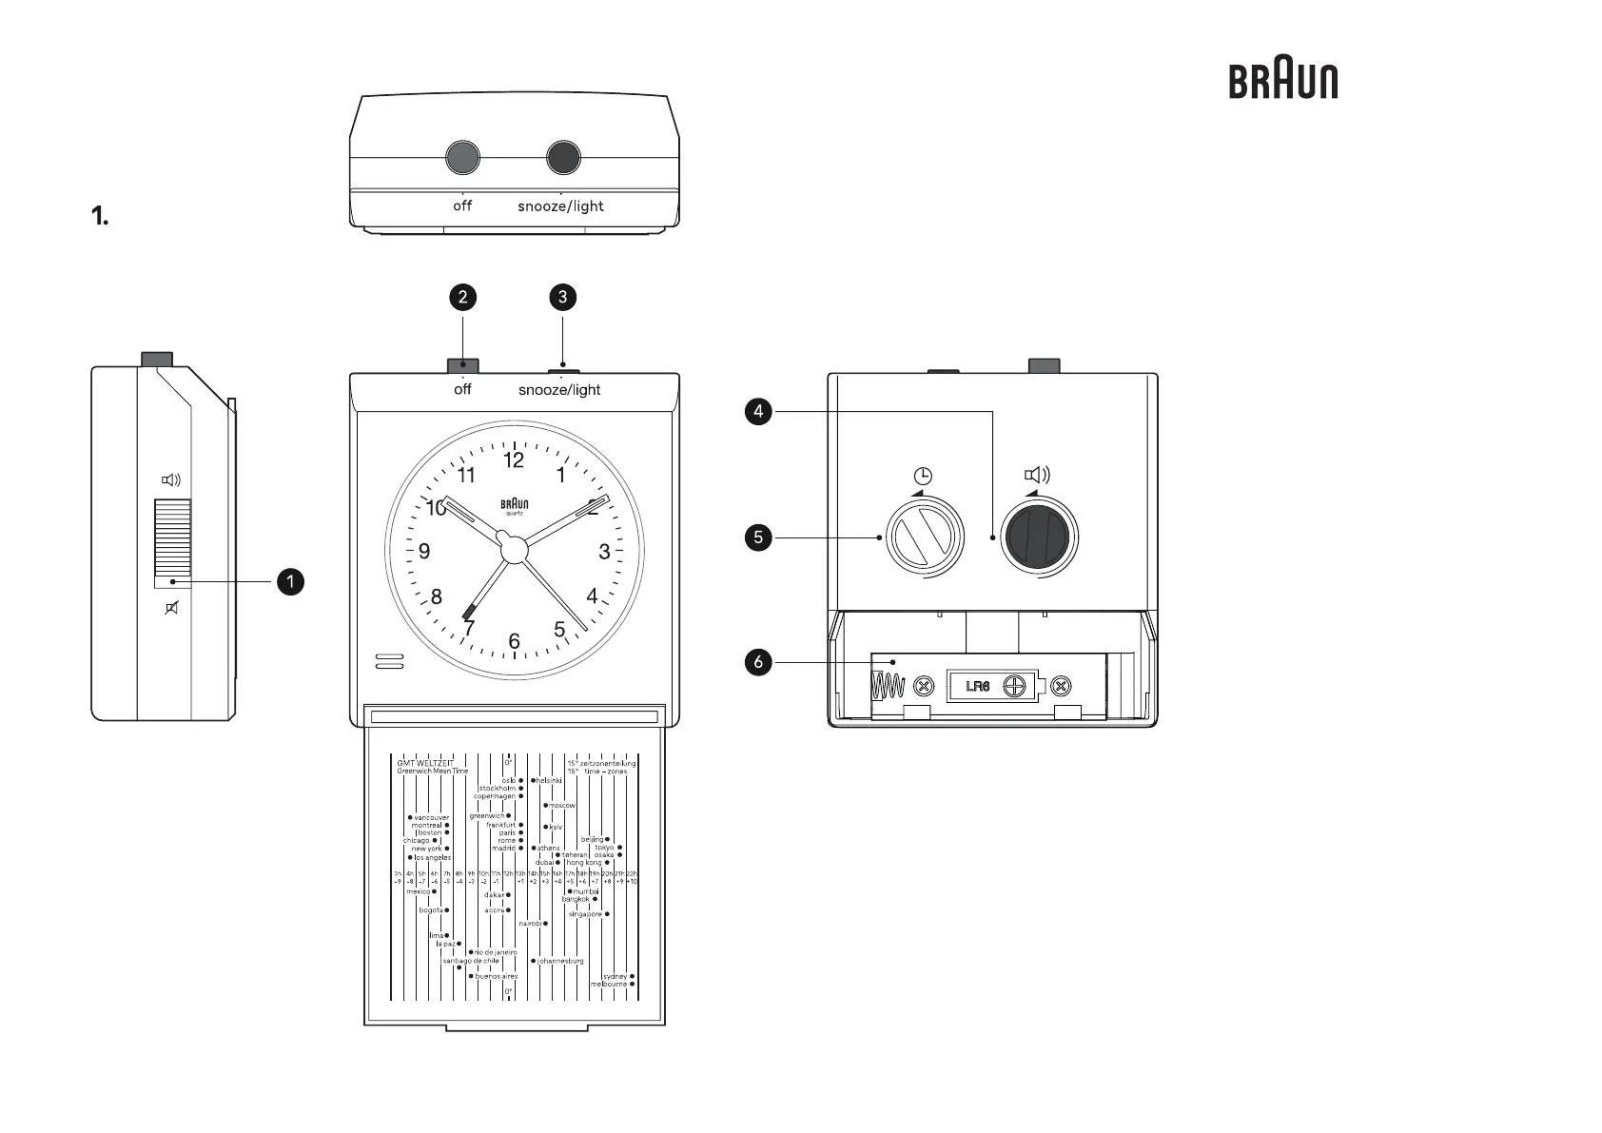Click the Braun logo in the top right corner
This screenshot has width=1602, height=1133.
(1282, 82)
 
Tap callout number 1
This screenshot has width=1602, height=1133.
(290, 581)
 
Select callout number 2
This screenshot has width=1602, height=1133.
(462, 297)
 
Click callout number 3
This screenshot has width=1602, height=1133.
(562, 297)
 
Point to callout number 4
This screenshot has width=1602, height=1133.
(758, 412)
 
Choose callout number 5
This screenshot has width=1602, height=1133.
(758, 537)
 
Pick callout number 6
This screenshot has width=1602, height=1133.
(758, 662)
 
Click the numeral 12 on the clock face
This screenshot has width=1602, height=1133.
(514, 460)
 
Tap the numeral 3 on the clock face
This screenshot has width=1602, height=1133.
(604, 552)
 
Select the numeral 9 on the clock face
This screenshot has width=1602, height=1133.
(424, 552)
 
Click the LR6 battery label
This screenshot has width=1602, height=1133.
(978, 686)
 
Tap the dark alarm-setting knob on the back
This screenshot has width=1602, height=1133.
(1043, 537)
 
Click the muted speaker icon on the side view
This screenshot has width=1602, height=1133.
(172, 608)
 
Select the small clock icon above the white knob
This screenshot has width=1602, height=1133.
(923, 476)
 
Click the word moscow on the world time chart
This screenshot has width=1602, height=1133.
(561, 806)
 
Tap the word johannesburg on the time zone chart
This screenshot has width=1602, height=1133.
(560, 961)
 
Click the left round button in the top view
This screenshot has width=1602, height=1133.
(462, 158)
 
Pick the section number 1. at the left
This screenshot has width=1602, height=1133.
(100, 217)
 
